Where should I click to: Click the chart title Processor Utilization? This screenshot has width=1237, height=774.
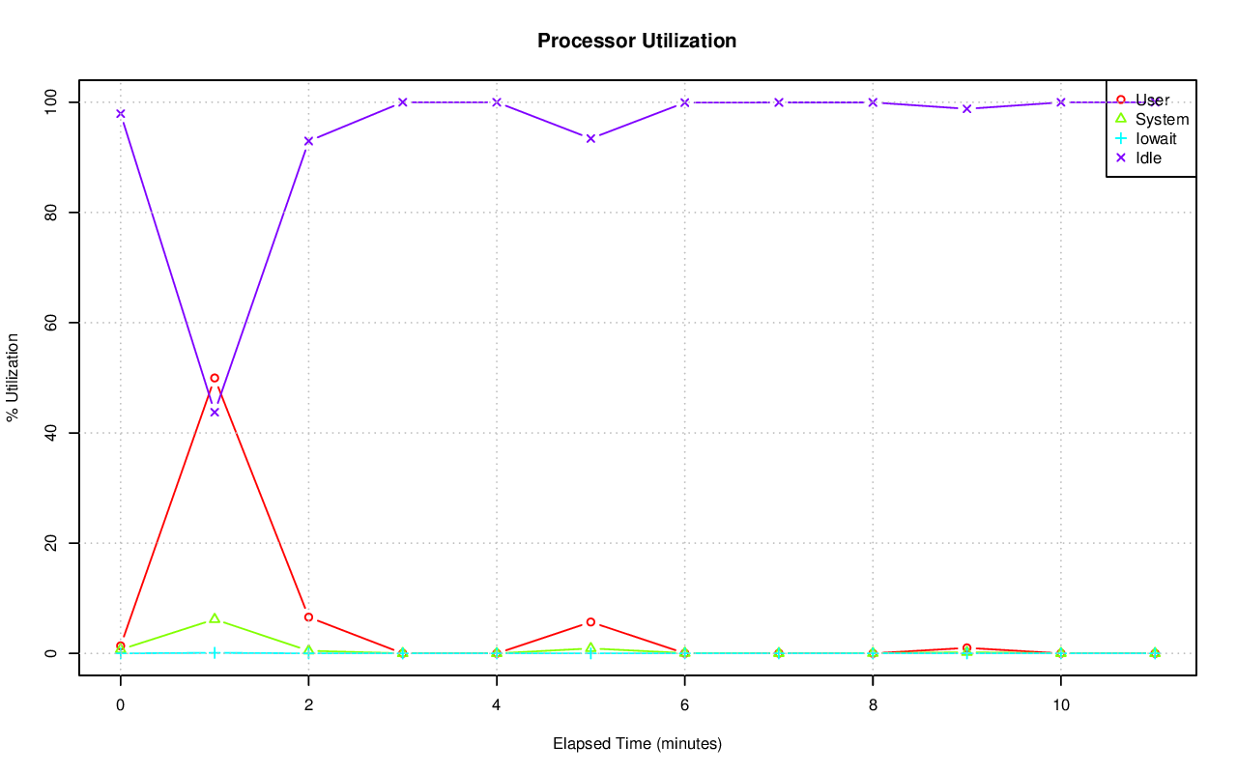pyautogui.click(x=637, y=41)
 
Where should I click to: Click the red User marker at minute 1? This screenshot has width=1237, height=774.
pyautogui.click(x=215, y=378)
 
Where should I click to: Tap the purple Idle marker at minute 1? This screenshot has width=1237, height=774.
pyautogui.click(x=215, y=413)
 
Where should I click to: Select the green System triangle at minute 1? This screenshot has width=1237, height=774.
pyautogui.click(x=215, y=618)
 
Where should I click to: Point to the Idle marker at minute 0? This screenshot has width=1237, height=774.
pyautogui.click(x=121, y=114)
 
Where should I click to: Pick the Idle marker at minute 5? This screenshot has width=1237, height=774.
pyautogui.click(x=590, y=138)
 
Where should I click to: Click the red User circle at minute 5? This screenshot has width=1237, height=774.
pyautogui.click(x=590, y=622)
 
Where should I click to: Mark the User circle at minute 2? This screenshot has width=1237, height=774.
pyautogui.click(x=308, y=616)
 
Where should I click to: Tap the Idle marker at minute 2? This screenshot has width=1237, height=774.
pyautogui.click(x=308, y=141)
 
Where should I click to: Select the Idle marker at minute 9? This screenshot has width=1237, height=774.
pyautogui.click(x=966, y=108)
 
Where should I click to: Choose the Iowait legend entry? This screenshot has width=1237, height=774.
pyautogui.click(x=1156, y=138)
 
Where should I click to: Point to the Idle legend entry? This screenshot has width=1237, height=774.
pyautogui.click(x=1148, y=158)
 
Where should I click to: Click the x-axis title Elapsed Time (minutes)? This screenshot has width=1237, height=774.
pyautogui.click(x=637, y=744)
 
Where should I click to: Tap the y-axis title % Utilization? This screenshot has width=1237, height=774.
pyautogui.click(x=14, y=377)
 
